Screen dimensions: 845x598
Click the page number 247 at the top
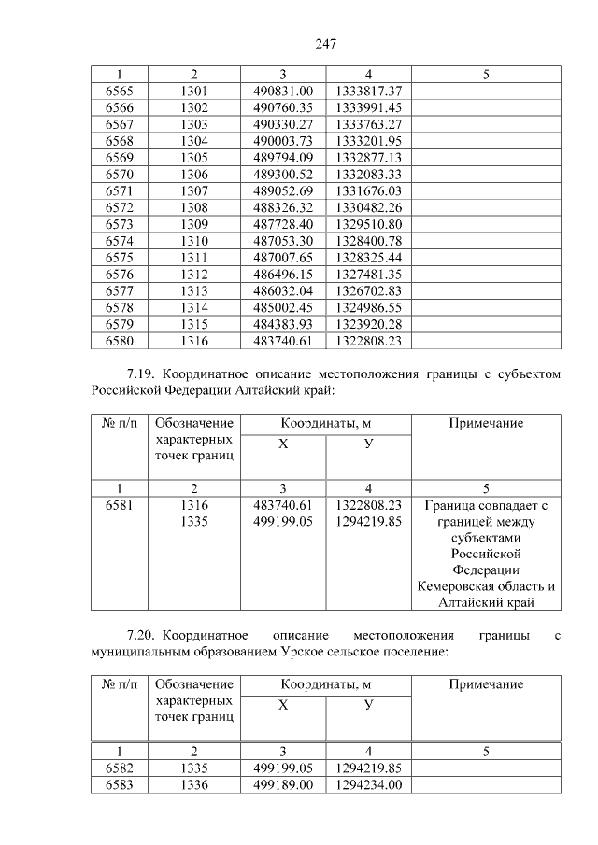325,44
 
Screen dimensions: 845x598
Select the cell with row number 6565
120,91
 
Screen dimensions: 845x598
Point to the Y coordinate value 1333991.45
368,107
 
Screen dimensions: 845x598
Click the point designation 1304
193,141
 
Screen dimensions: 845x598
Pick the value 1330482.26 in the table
368,207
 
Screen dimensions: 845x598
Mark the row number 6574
120,241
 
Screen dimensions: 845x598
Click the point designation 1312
193,275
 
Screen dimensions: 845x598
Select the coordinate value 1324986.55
368,307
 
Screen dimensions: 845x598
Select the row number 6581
120,505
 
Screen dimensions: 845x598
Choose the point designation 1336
193,785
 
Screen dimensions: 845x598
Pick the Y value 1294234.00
368,785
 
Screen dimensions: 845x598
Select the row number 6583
120,785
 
